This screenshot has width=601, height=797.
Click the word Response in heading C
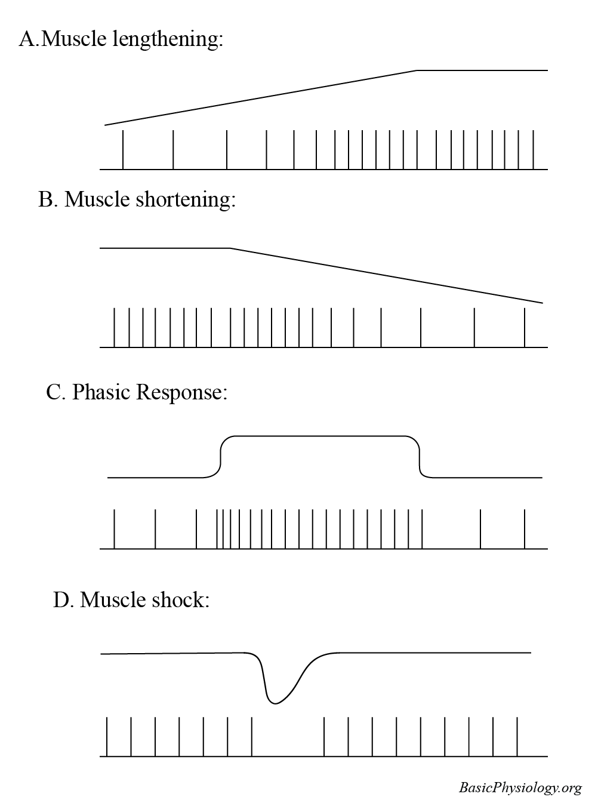[181, 392]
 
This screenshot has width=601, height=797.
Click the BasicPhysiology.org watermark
[520, 787]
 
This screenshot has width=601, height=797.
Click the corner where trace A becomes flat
[417, 70]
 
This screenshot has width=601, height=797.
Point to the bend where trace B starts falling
[230, 248]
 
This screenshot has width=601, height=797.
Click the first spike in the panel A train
[123, 149]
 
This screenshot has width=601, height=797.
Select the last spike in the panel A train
[533, 149]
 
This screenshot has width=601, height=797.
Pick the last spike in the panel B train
[525, 327]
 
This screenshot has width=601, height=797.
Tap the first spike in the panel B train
[115, 327]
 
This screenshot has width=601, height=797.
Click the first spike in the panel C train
[115, 528]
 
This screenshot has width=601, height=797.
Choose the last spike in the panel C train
[525, 528]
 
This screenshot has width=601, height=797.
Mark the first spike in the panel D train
[107, 737]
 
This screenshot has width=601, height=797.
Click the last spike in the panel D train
[517, 737]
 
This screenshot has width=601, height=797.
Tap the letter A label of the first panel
[27, 40]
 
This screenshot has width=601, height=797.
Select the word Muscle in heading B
[97, 199]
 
